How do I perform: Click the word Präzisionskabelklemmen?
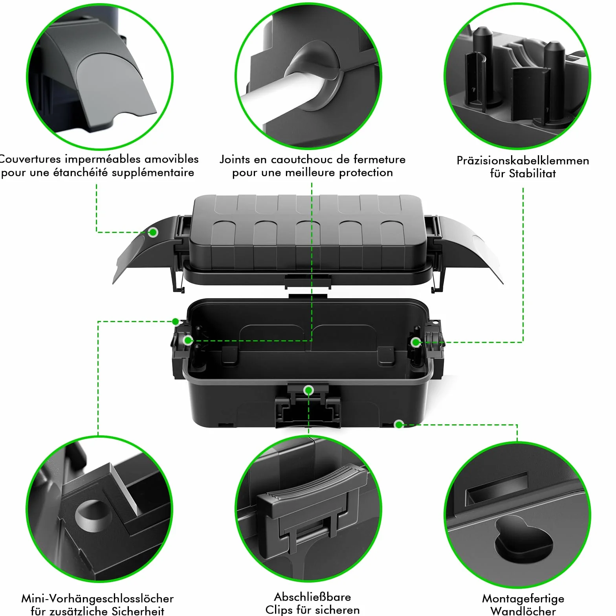point(522,160)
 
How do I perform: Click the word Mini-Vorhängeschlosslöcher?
point(97,598)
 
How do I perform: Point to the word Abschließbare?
point(312,597)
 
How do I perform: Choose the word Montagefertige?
point(523,599)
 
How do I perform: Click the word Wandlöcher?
point(523,611)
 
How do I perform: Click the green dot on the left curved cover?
point(153,232)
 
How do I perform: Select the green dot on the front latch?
point(308,390)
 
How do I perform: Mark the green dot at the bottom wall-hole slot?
point(399,424)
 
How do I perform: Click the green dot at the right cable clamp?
point(415,342)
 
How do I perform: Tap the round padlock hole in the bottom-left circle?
point(93,515)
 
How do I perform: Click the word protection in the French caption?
point(366,172)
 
